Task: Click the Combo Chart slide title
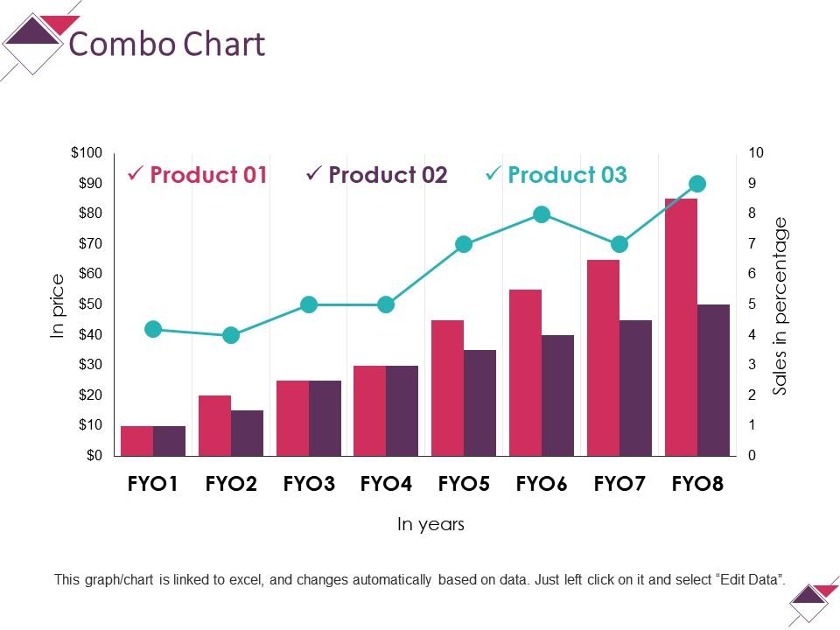pyautogui.click(x=166, y=44)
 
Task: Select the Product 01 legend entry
pyautogui.click(x=207, y=175)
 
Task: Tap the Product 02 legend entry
pyautogui.click(x=387, y=175)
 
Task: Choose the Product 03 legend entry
pyautogui.click(x=566, y=175)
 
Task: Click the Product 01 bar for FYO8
pyautogui.click(x=681, y=327)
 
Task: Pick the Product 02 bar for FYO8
pyautogui.click(x=713, y=380)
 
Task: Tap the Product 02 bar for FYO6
pyautogui.click(x=557, y=395)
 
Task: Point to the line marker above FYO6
pyautogui.click(x=542, y=214)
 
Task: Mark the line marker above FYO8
pyautogui.click(x=697, y=184)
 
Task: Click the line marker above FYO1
pyautogui.click(x=153, y=329)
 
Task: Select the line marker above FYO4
pyautogui.click(x=386, y=304)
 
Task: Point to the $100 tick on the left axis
pyautogui.click(x=87, y=153)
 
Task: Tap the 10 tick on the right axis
pyautogui.click(x=756, y=153)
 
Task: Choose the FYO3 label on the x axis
pyautogui.click(x=309, y=484)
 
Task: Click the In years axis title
pyautogui.click(x=430, y=525)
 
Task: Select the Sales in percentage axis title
pyautogui.click(x=780, y=306)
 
